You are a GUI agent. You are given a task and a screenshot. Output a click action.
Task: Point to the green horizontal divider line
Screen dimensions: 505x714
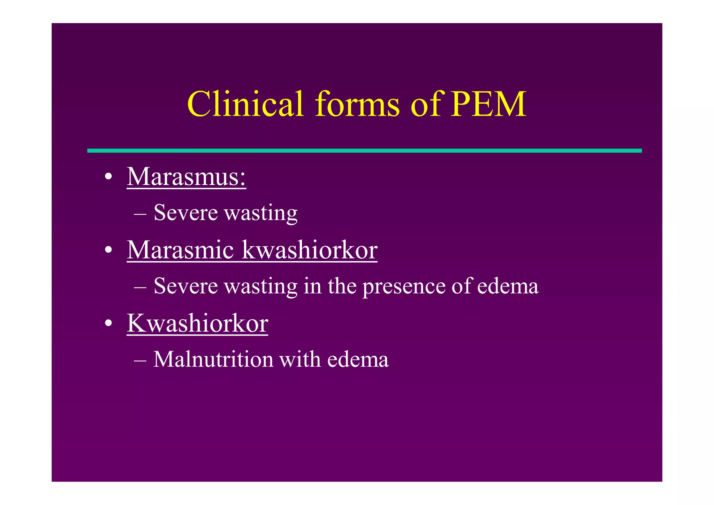coord(364,151)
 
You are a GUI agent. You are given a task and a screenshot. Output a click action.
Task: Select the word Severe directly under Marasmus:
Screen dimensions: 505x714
coord(185,213)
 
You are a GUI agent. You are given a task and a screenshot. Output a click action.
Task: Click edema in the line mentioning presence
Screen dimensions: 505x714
coord(508,286)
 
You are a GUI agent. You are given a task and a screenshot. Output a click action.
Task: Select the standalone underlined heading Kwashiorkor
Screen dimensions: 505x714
coord(197,323)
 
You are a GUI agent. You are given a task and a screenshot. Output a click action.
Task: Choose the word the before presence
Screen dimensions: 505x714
coord(342,286)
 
